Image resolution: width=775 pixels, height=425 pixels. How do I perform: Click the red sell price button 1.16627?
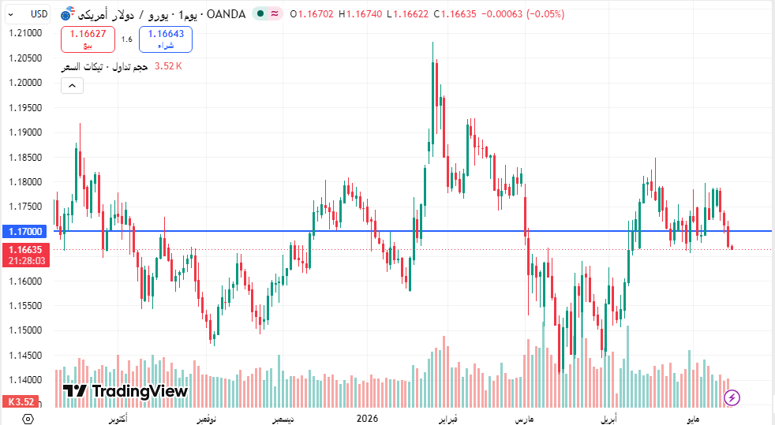point(88,39)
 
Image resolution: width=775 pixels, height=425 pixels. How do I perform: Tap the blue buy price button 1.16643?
point(166,39)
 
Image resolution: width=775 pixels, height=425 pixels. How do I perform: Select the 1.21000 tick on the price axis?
point(25,33)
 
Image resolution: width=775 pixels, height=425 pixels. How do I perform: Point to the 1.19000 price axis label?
point(25,132)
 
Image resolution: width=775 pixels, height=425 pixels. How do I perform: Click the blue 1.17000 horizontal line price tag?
point(25,232)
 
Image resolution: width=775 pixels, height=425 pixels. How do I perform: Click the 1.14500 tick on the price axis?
point(25,356)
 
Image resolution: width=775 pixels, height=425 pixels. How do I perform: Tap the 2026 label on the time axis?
point(367,419)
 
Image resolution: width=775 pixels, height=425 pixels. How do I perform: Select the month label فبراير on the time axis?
point(447,419)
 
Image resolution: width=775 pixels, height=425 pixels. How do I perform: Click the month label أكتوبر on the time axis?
point(118,419)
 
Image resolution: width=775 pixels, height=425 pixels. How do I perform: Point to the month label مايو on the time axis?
point(693,419)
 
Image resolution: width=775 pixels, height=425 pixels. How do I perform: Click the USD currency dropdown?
point(28,14)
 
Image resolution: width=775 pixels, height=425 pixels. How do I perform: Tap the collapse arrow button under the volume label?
point(72,86)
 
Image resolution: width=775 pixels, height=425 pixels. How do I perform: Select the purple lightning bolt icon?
point(732,397)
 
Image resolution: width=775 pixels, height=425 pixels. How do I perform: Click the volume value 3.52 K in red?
point(168,66)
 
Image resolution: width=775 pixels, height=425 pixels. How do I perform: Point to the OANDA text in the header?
point(226,14)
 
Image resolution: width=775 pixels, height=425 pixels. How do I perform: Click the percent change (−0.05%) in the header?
point(545,14)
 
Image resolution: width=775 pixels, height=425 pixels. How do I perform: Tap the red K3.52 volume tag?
point(21,402)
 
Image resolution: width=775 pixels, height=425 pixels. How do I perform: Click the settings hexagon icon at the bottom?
point(28,419)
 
